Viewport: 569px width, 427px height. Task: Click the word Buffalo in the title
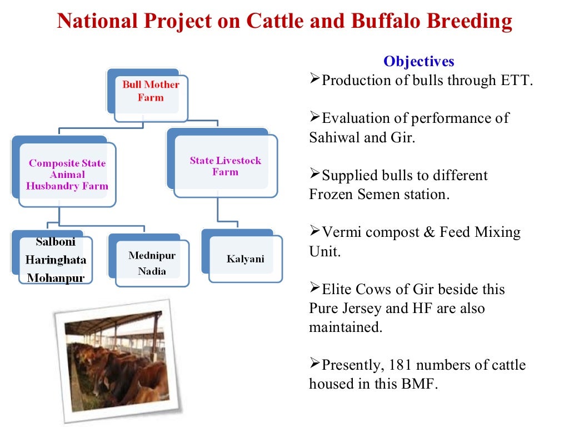(383, 22)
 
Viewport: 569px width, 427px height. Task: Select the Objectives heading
(418, 61)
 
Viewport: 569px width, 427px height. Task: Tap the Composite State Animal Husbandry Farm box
(67, 175)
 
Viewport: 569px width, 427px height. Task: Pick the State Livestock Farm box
(225, 166)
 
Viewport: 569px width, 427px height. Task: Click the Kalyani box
(245, 259)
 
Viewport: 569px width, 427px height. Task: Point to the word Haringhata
(56, 260)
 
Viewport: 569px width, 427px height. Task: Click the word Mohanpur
(56, 278)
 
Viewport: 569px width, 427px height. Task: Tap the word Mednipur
(152, 256)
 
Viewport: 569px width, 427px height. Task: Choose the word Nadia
(152, 272)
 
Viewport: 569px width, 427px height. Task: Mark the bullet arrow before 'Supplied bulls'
(315, 175)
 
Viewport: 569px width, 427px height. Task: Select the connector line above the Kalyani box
(218, 213)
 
